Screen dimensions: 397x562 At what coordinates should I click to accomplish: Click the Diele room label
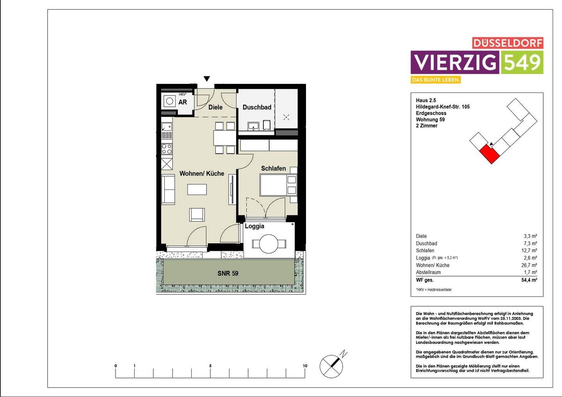[x=215, y=107]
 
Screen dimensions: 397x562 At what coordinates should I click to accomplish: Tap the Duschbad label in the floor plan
[x=257, y=107]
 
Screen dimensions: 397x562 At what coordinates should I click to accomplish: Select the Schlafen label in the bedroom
[x=273, y=168]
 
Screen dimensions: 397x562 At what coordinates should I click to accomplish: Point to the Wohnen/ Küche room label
[x=202, y=174]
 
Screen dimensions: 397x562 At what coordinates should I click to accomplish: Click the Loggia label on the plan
[x=254, y=226]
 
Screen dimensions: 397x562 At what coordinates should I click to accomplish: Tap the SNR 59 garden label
[x=228, y=273]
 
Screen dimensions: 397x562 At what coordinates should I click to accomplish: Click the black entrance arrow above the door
[x=207, y=79]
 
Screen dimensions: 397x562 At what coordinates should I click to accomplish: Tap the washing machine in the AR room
[x=169, y=101]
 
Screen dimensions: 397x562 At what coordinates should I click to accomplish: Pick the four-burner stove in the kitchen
[x=167, y=149]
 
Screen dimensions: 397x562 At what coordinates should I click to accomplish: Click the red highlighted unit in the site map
[x=490, y=154]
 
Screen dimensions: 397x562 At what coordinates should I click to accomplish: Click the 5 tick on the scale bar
[x=210, y=366]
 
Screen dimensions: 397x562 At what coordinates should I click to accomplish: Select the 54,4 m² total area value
[x=530, y=280]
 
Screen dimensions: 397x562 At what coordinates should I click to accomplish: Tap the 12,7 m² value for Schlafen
[x=530, y=251]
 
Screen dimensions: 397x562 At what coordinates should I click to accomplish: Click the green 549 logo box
[x=522, y=62]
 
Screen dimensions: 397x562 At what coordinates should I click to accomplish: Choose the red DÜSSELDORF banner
[x=507, y=43]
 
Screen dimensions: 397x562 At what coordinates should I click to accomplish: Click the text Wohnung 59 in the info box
[x=430, y=120]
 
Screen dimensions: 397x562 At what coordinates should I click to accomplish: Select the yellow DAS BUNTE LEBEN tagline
[x=436, y=80]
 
